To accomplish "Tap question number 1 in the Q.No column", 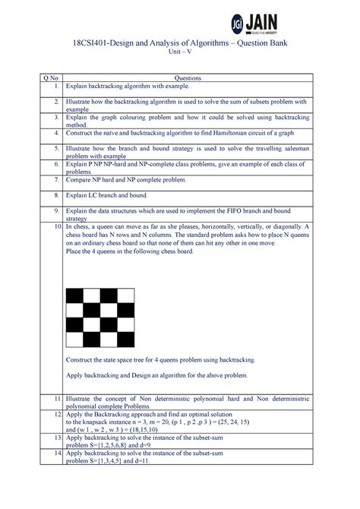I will pyautogui.click(x=56, y=87).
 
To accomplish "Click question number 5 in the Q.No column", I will pyautogui.click(x=56, y=149).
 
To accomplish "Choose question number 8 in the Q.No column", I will pyautogui.click(x=56, y=195).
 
